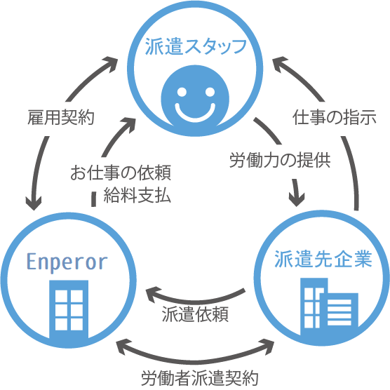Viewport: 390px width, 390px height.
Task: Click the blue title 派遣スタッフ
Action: point(196,47)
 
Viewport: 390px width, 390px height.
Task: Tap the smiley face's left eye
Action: point(182,92)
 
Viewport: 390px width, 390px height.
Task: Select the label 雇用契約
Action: point(61,117)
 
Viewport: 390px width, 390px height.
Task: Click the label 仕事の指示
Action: point(334,117)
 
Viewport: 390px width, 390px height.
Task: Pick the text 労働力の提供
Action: point(280,160)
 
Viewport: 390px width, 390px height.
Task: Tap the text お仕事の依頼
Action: point(121,173)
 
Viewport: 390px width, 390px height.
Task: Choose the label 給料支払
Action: point(137,195)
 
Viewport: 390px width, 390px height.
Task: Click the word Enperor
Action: point(67,262)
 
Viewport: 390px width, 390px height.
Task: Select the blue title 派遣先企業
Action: point(323,259)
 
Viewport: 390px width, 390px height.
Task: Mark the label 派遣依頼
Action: point(195,314)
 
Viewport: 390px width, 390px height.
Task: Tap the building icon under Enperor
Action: point(69,309)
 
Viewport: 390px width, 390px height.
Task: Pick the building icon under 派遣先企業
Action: point(329,307)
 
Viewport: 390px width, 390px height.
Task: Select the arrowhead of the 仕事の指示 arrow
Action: point(280,64)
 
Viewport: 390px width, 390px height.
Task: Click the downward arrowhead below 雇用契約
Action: point(34,202)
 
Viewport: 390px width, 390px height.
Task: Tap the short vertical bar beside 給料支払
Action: point(93,199)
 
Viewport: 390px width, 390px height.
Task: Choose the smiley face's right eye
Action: point(210,92)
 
